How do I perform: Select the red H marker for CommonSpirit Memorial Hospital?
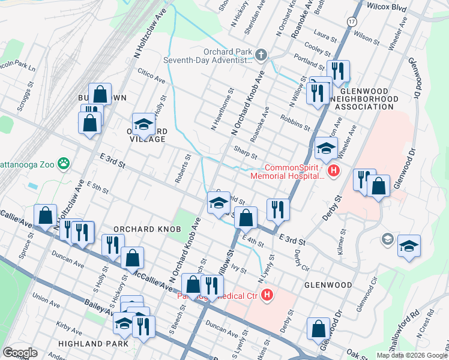[334, 172]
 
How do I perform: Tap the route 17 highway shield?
[351, 21]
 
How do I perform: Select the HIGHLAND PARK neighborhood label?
[93, 344]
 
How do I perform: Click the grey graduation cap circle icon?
[388, 240]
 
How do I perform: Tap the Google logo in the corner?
[20, 353]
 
